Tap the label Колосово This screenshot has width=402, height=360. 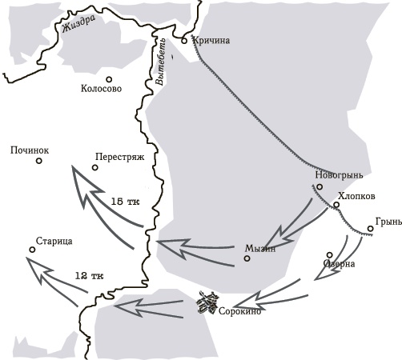[102, 90]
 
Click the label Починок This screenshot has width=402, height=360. [30, 150]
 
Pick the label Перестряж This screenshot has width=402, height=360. [119, 158]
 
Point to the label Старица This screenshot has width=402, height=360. [54, 241]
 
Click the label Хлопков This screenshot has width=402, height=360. [357, 194]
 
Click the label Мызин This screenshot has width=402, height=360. [260, 248]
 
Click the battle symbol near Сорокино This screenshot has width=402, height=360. [209, 302]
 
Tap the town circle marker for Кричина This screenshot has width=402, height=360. [184, 39]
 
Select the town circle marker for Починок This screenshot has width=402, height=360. [38, 161]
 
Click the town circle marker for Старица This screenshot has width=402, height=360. [32, 250]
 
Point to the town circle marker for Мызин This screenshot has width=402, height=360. [247, 258]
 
